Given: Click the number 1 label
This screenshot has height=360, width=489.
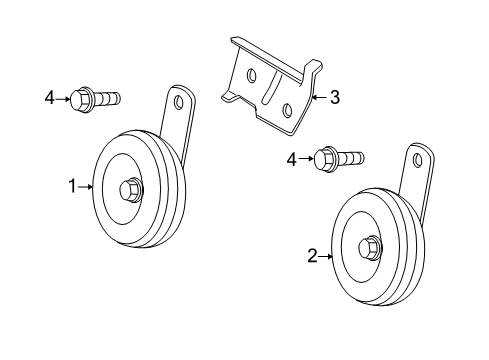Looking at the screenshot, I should pos(73,185).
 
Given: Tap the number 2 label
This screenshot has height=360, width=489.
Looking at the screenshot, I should pos(313,257).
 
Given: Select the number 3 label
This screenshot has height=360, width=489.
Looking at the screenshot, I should pos(334,98).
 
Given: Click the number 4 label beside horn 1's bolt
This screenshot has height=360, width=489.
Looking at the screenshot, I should pos(49,99).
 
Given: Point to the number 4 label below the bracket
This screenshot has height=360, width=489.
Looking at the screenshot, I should pos(291,158).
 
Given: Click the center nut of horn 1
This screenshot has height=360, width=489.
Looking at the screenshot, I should pos(131,188).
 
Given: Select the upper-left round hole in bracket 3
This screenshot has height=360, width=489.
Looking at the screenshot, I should pos(250,75).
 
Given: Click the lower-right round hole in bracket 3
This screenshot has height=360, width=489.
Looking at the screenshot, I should pos(286,109).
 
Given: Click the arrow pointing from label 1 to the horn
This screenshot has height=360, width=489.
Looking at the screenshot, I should pos(87,185).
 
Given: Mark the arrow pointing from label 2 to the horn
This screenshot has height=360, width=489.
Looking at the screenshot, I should pos(327,257).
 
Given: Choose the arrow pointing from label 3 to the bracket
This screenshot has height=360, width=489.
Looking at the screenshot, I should pos(319,98).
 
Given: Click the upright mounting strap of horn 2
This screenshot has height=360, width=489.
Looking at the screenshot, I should pos(413,190).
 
